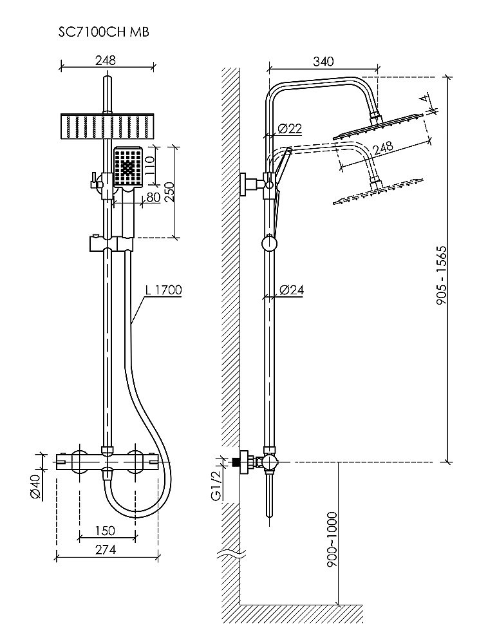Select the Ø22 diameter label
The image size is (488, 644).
coord(291,128)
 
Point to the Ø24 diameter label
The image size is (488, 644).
coord(292,290)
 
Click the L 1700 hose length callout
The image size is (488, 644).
coord(164,290)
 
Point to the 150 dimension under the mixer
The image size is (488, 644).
coord(106,531)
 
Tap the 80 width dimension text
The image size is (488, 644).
coord(153,197)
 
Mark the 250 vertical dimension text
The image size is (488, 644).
coord(169,191)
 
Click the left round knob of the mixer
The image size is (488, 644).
coord(79,461)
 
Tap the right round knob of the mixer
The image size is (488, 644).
coord(135,461)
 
